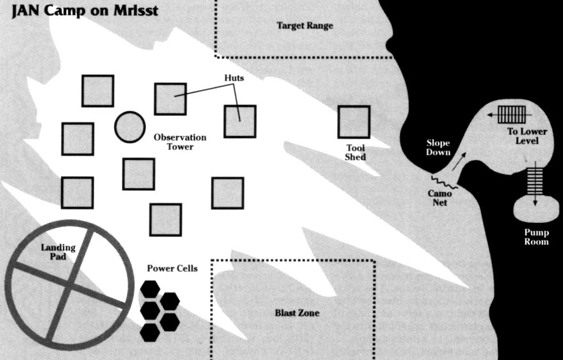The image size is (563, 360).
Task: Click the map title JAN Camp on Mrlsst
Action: pos(85,10)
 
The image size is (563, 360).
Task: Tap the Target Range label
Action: pos(305,26)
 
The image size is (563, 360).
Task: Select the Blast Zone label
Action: pos(297,313)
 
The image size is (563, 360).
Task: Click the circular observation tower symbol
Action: pos(130,127)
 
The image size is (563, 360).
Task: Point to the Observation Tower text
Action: pos(180,142)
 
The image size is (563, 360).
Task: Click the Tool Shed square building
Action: pos(354,122)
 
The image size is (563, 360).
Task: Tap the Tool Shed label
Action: pos(355,152)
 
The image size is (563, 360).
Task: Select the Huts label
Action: pos(234,78)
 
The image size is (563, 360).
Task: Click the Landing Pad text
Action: pos(58,252)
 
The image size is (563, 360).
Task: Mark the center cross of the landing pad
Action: pos(69,286)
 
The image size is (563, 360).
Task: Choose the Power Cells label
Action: pos(172,268)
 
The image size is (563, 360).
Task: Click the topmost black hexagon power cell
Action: pos(150,290)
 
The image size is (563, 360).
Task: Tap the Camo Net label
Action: pos(439,198)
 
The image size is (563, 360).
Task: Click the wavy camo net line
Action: pos(445,183)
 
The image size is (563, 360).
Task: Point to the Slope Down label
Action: pos(438,147)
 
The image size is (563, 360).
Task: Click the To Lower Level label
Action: pos(527,136)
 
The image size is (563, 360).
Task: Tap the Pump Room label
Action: pos(537,237)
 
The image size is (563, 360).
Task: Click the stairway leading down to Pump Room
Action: pos(535,181)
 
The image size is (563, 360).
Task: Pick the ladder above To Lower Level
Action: pos(512,115)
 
